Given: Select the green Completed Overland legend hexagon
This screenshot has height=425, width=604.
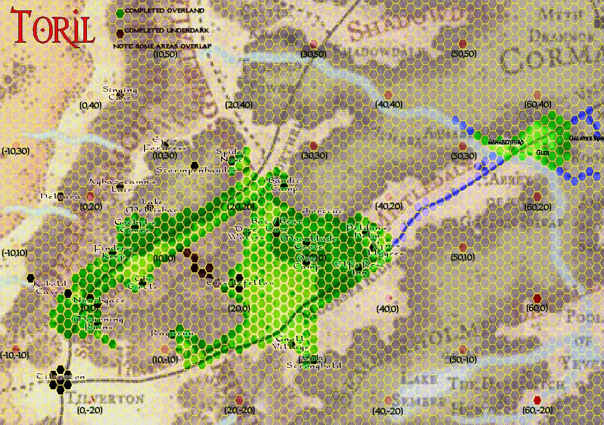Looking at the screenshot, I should (119, 11).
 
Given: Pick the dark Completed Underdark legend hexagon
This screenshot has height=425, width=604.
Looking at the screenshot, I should (119, 33).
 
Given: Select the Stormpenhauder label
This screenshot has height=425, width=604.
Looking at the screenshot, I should (196, 170).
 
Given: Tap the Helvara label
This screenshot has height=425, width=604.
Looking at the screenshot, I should (61, 197).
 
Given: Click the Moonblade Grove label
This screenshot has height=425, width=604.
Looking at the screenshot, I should (308, 242).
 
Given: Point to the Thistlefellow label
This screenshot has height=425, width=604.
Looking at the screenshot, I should (240, 283).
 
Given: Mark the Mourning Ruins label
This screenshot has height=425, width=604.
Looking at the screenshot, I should (98, 323).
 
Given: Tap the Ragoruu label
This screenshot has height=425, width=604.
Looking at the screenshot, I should (172, 333).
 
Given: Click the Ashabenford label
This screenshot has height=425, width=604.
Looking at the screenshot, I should (506, 142).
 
